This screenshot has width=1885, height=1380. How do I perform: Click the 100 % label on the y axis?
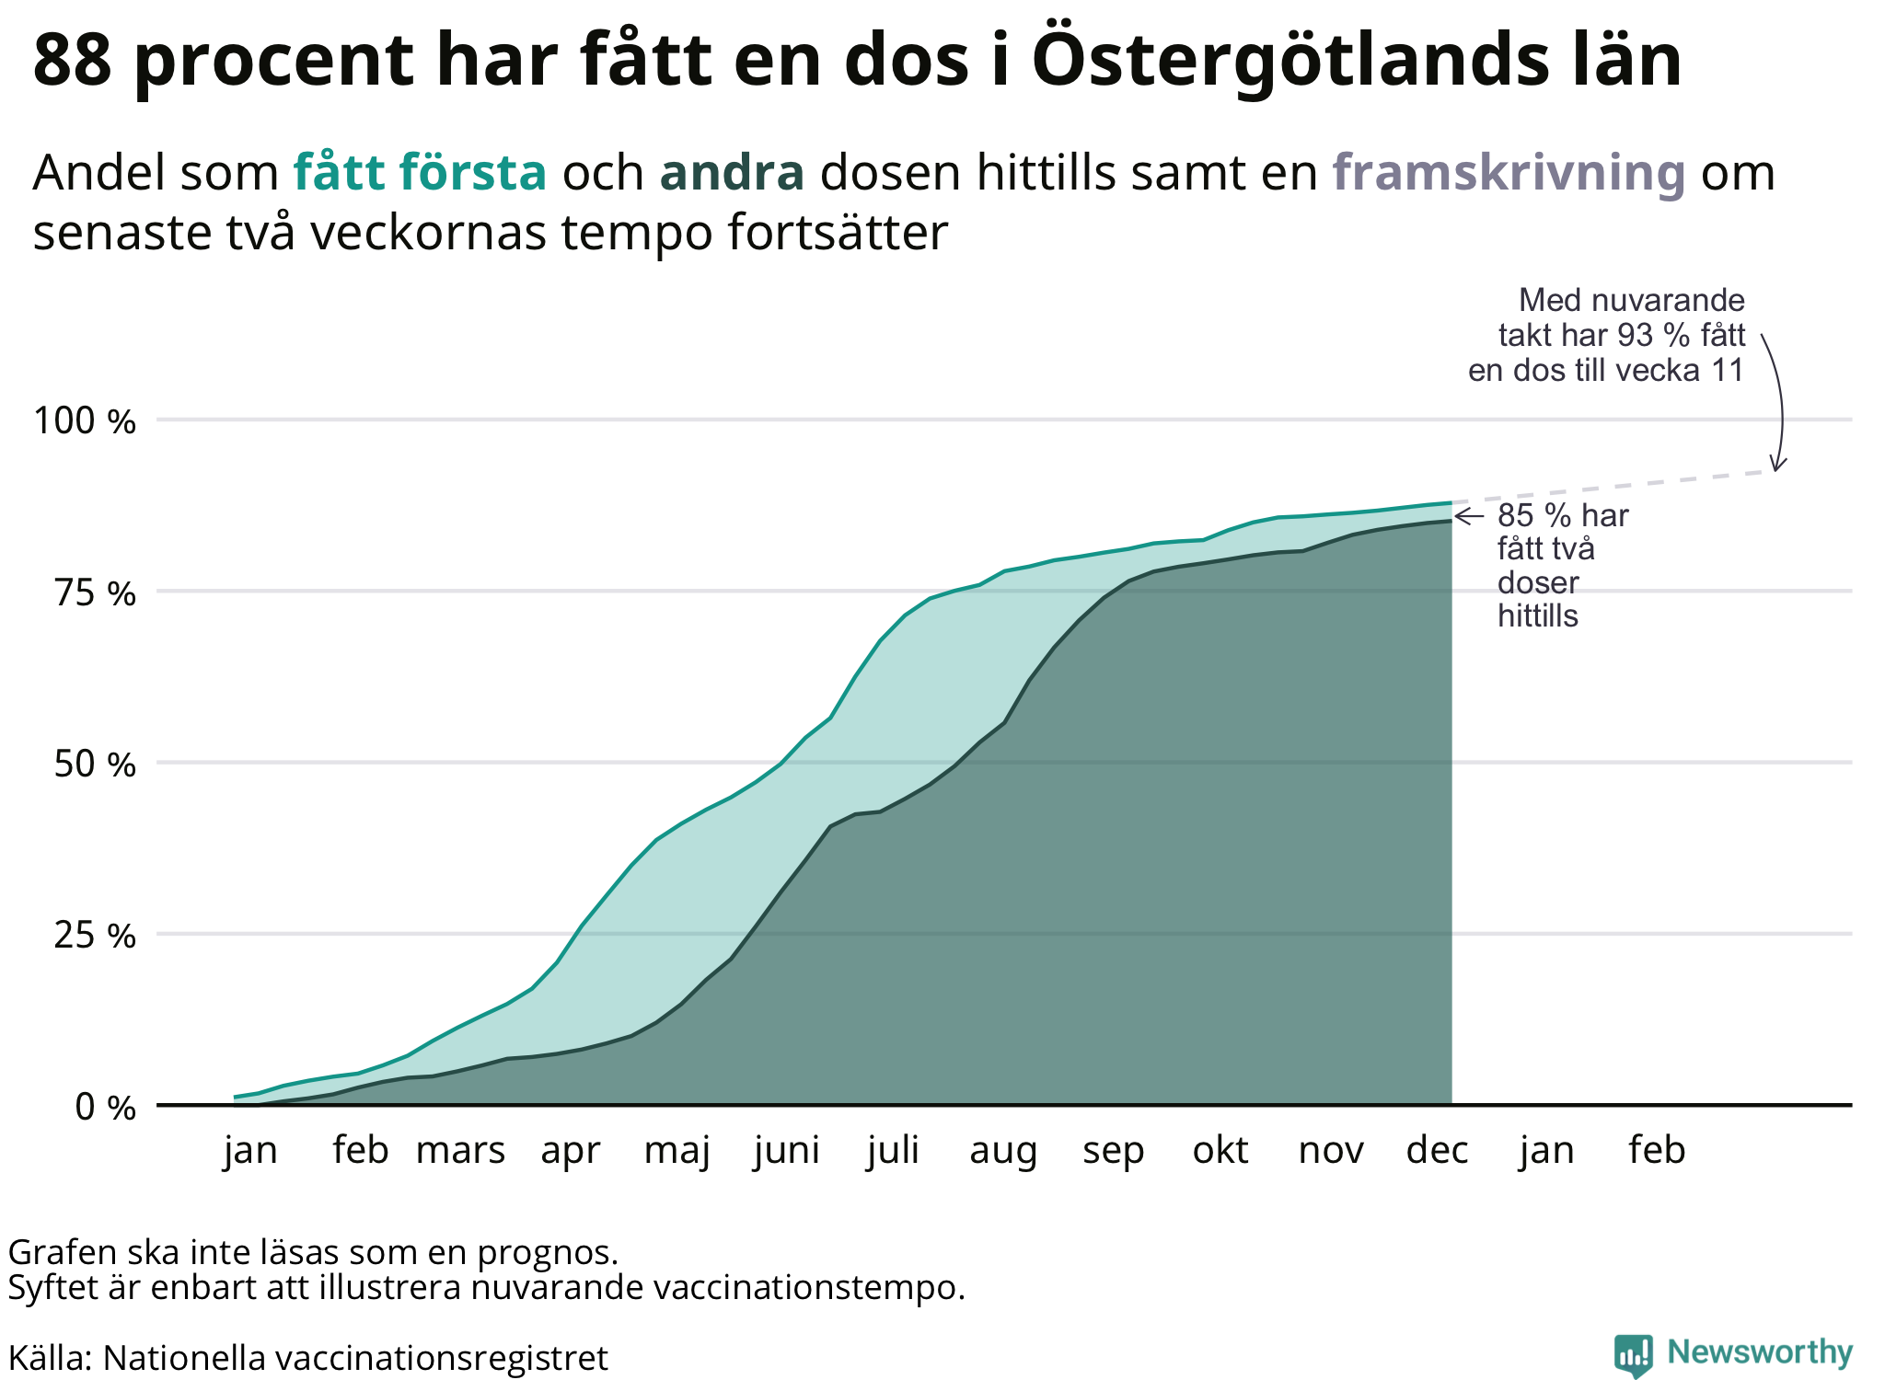coord(85,421)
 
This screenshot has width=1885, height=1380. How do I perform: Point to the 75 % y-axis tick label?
coord(95,593)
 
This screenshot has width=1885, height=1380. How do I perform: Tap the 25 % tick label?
coord(95,936)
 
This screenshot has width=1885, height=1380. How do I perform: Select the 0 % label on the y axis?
coord(105,1107)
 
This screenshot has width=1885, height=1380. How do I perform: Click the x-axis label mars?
coord(460,1151)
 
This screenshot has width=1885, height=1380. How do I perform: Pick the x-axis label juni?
coord(786,1151)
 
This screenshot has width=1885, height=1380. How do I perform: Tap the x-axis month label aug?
coord(1003,1151)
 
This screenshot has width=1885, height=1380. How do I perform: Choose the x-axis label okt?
coord(1220,1151)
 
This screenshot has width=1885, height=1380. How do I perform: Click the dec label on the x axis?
coord(1437,1151)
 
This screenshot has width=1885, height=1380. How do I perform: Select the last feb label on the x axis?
coord(1657,1151)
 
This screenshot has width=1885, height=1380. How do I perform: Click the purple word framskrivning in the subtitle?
coord(1509,173)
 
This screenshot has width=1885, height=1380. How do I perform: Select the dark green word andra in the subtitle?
coord(732,173)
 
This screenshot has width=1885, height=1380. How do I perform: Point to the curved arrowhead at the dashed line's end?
coord(1778,465)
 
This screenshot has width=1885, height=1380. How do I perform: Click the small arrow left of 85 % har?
coord(1468,516)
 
